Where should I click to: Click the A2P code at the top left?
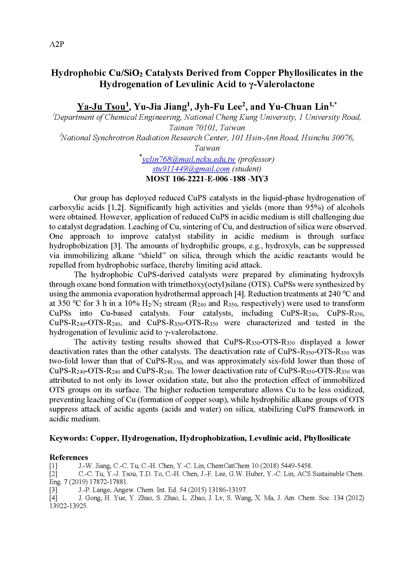pos(56,44)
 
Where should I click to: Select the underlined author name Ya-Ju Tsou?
pos(102,107)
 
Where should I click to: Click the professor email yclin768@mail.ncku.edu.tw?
pos(189,160)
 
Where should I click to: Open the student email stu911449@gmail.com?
pos(191,169)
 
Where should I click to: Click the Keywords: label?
pos(68,438)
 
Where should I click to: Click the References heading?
pos(69,457)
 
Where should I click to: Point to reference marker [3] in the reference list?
pos(53,490)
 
